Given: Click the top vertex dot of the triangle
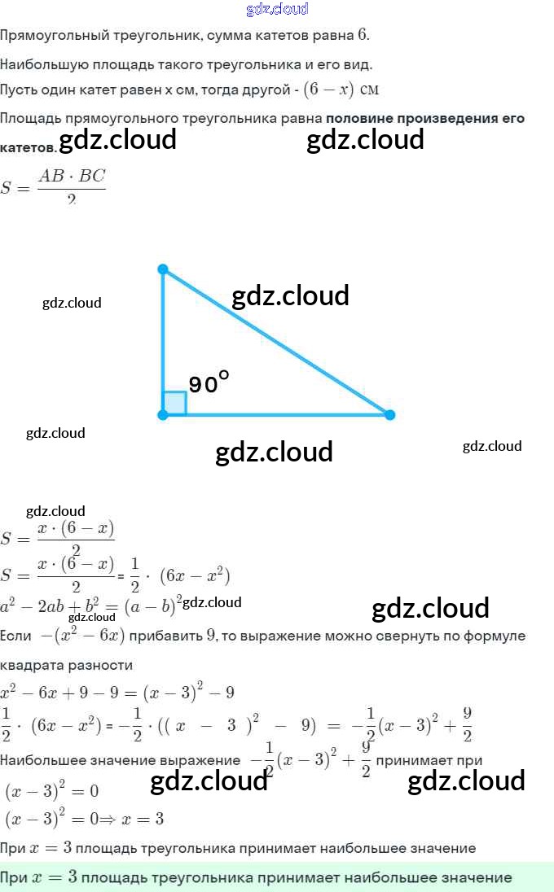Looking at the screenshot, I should point(163,269).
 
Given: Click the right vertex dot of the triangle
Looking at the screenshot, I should point(389,415).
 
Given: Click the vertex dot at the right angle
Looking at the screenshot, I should point(163,415).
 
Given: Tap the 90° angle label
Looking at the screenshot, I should point(209,383).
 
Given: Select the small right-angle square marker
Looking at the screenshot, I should point(175,404).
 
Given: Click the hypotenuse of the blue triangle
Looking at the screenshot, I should point(277,343).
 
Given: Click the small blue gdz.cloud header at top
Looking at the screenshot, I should point(276,9).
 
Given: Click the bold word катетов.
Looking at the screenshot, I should point(28,148).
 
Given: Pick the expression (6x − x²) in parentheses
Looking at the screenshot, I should point(196,576).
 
